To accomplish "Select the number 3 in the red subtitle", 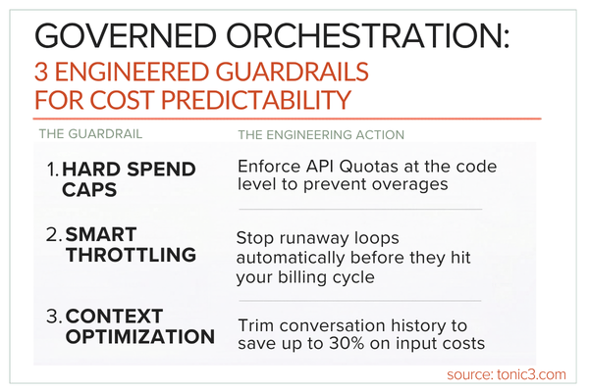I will coord(41,73).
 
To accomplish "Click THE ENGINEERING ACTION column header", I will coord(322,133).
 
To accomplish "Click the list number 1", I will coord(52,170).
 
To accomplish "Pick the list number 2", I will coord(54,235).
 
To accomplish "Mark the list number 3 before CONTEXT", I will coord(54,316).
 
